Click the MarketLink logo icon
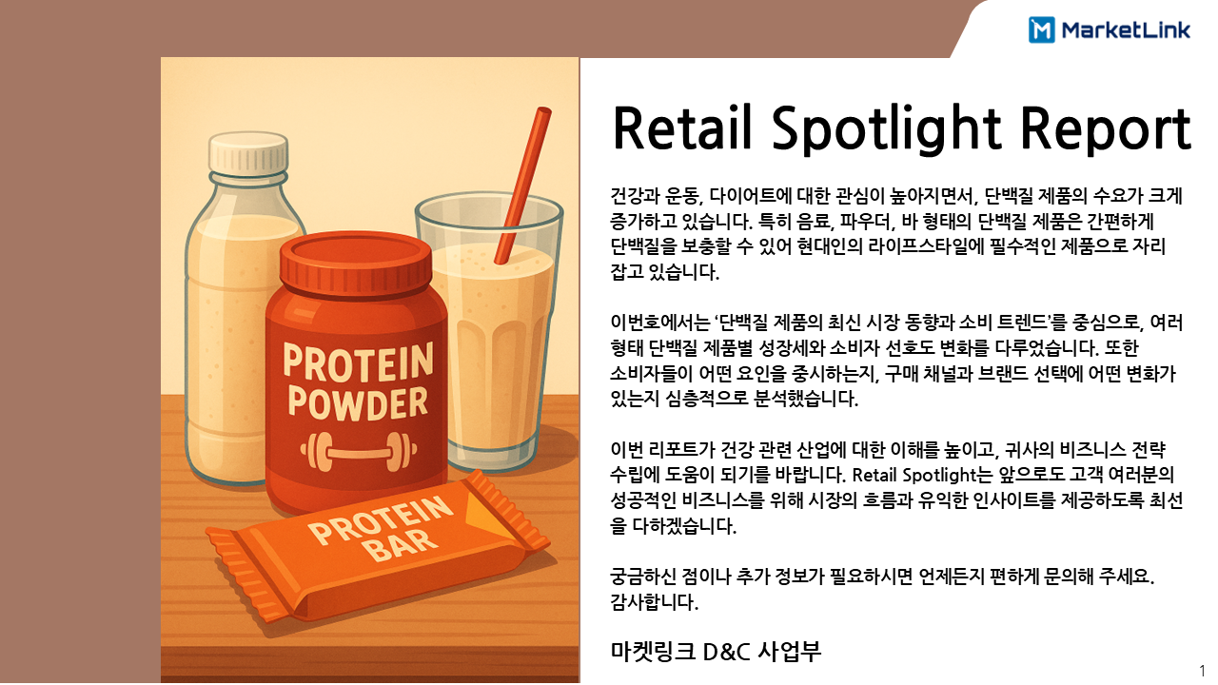1041,29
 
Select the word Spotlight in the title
886,130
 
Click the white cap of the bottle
249,151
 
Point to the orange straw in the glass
523,185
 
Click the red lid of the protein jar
356,262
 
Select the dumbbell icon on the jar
359,451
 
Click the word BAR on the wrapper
403,545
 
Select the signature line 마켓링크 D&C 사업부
716,652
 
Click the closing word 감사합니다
654,602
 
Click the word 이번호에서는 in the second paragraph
660,323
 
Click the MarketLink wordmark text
1126,29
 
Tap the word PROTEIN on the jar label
358,362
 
